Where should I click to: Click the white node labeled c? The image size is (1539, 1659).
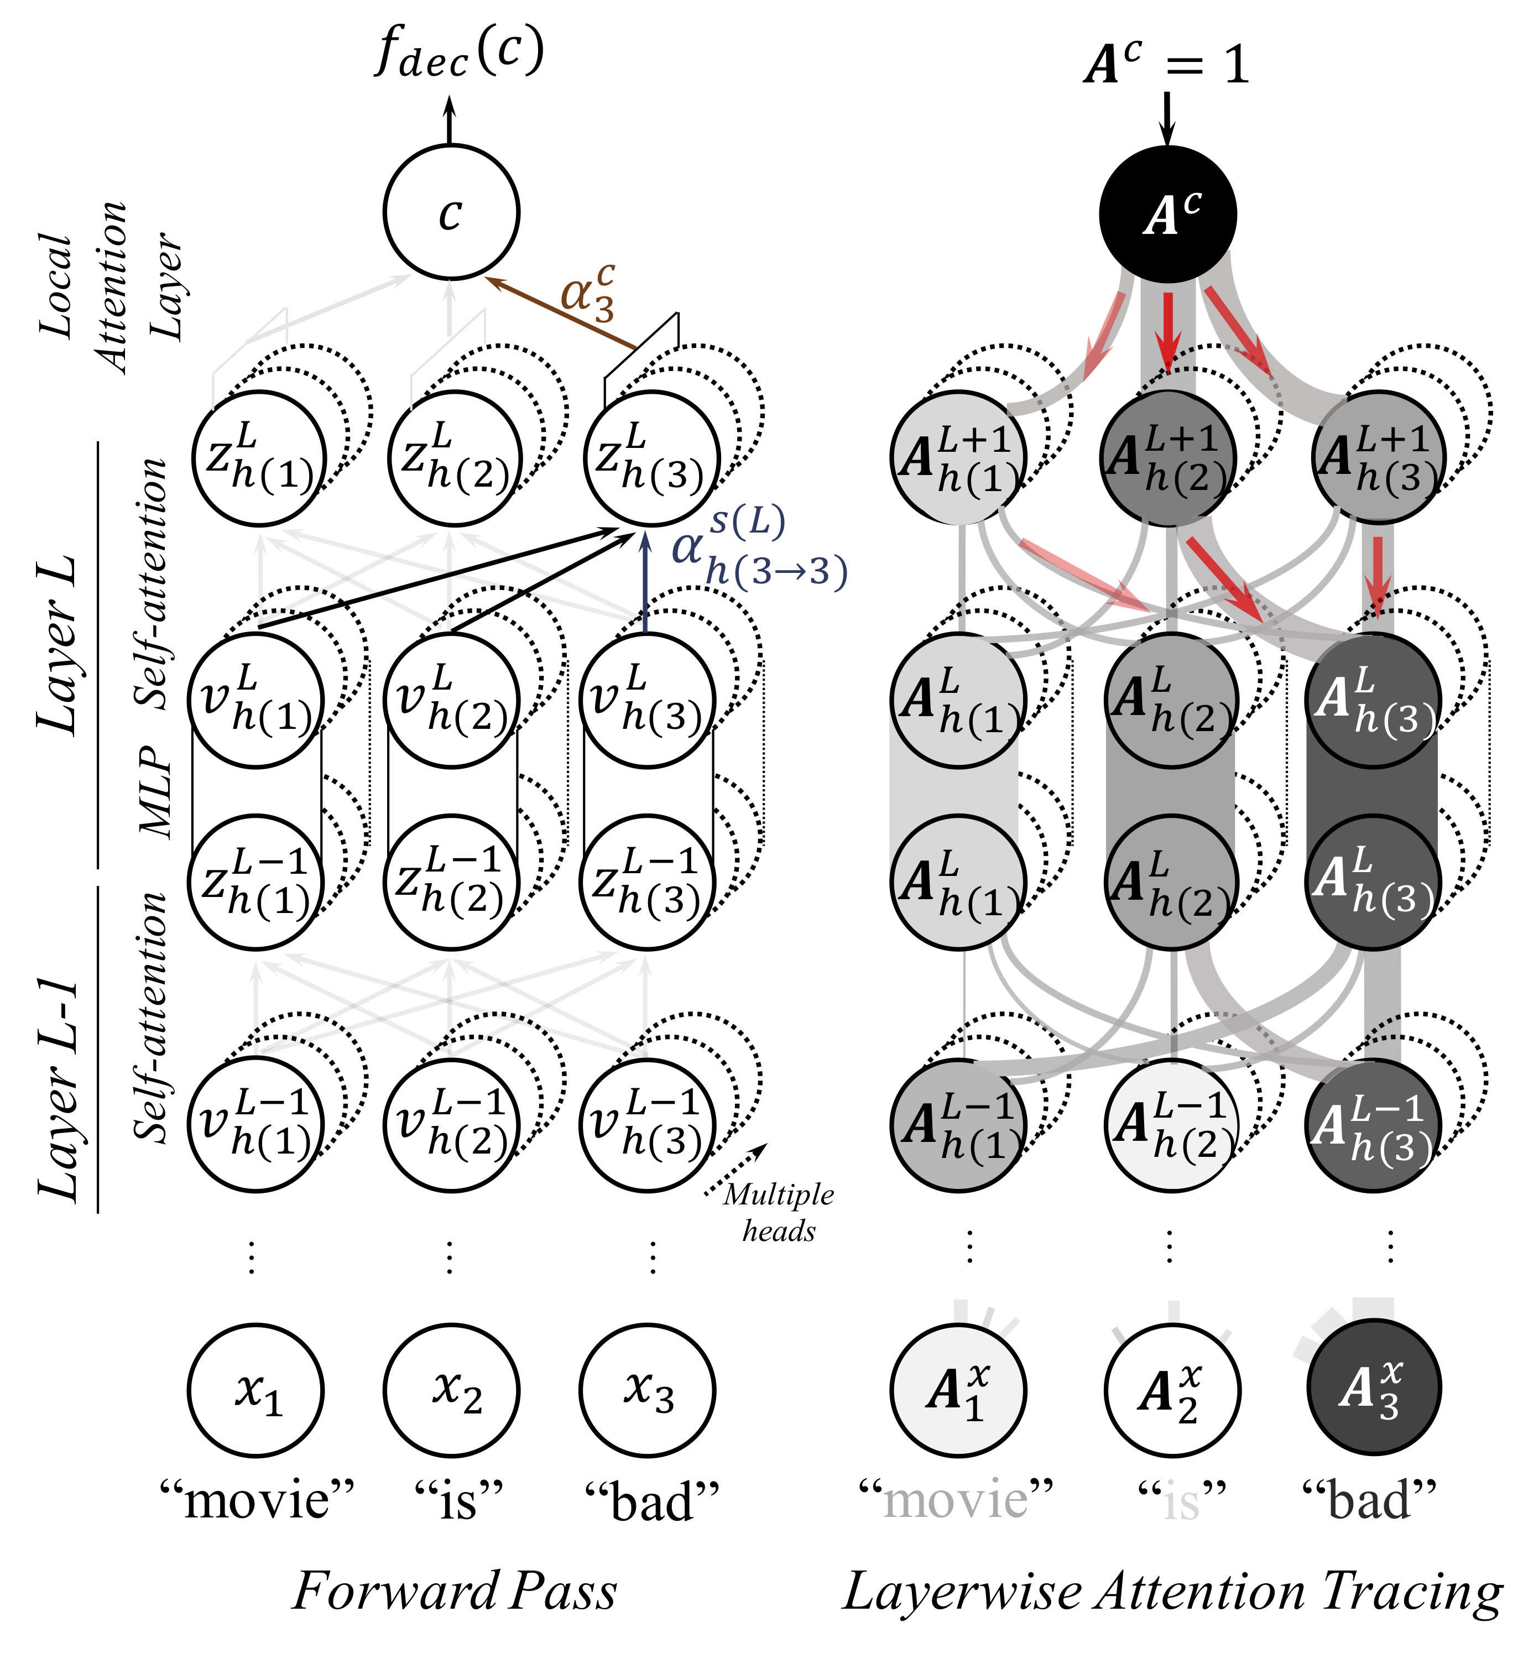(451, 212)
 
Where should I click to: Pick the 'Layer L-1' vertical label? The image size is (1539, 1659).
(60, 1091)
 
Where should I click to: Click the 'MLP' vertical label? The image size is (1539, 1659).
(156, 790)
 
